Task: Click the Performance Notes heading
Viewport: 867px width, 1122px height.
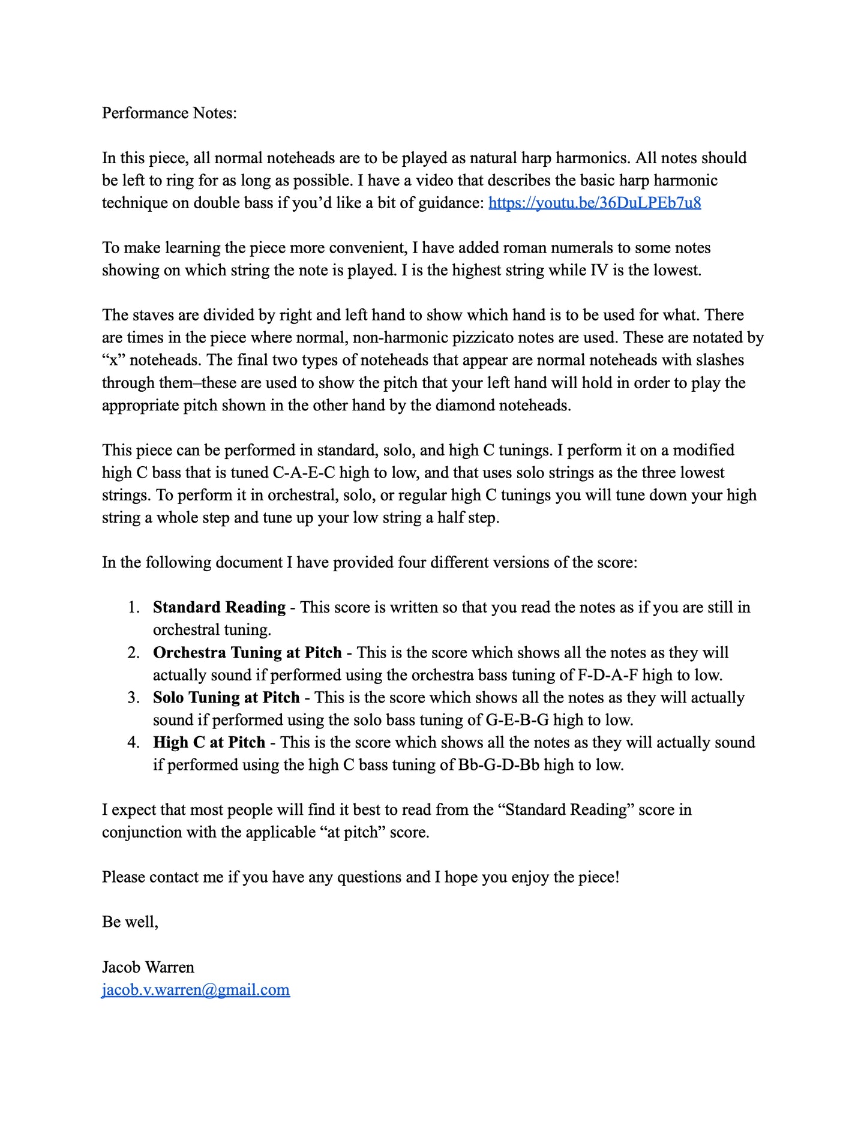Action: pos(169,113)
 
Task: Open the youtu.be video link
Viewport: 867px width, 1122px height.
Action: pos(595,203)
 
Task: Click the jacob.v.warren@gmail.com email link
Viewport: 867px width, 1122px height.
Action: pos(196,989)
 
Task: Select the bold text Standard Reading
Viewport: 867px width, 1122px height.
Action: pos(219,607)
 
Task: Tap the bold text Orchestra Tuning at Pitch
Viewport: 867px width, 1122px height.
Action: pos(247,652)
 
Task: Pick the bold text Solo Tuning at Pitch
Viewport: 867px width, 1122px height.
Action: pos(226,697)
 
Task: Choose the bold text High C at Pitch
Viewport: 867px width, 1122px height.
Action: pos(209,742)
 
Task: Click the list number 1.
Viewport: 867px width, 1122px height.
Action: pos(133,607)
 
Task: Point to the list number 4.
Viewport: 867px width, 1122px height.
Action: pos(133,742)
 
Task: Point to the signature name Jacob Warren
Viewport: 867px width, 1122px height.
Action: pos(148,967)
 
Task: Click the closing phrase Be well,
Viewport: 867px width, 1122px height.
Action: pos(130,922)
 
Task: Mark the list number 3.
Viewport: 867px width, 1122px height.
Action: pos(133,697)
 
